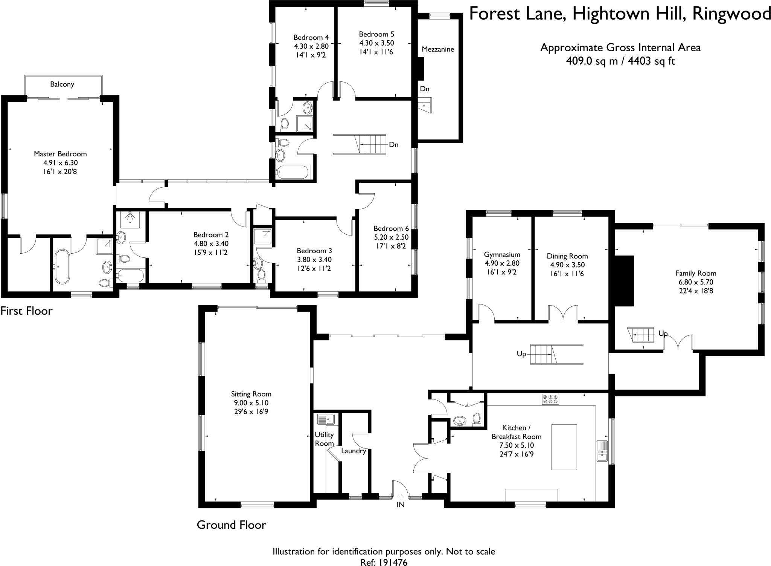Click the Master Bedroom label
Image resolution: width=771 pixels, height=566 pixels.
pyautogui.click(x=60, y=154)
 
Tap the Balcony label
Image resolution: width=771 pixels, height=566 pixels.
pyautogui.click(x=62, y=84)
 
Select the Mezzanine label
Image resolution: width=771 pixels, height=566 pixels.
pyautogui.click(x=438, y=49)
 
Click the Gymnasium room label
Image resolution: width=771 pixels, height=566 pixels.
pyautogui.click(x=502, y=255)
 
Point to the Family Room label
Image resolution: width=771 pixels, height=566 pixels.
pyautogui.click(x=696, y=273)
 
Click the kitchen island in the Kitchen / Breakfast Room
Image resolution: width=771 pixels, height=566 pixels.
pyautogui.click(x=564, y=447)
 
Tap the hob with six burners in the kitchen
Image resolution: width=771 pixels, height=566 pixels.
pyautogui.click(x=550, y=399)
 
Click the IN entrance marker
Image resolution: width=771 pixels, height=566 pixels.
pyautogui.click(x=401, y=505)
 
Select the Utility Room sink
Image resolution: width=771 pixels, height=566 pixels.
pyautogui.click(x=326, y=419)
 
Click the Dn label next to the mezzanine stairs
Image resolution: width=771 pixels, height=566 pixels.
pyautogui.click(x=425, y=89)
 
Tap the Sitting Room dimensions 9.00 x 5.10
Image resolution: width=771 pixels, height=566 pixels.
pyautogui.click(x=251, y=403)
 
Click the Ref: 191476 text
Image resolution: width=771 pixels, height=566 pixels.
pyautogui.click(x=384, y=562)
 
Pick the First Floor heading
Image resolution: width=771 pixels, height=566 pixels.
pyautogui.click(x=26, y=311)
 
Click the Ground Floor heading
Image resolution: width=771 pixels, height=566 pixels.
pyautogui.click(x=231, y=525)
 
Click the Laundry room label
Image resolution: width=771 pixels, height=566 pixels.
pyautogui.click(x=354, y=451)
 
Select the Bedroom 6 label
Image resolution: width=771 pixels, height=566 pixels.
pyautogui.click(x=391, y=228)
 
